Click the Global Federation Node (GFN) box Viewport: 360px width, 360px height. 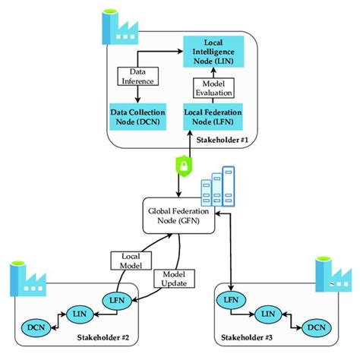[179, 216]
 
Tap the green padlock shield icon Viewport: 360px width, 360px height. [182, 165]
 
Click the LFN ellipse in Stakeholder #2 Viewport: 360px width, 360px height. [118, 298]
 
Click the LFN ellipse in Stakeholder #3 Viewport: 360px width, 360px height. [233, 298]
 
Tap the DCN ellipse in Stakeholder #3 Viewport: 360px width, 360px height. [314, 327]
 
